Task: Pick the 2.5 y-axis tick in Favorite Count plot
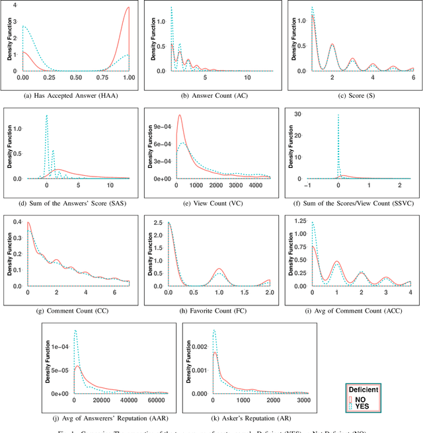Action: (x=159, y=223)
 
